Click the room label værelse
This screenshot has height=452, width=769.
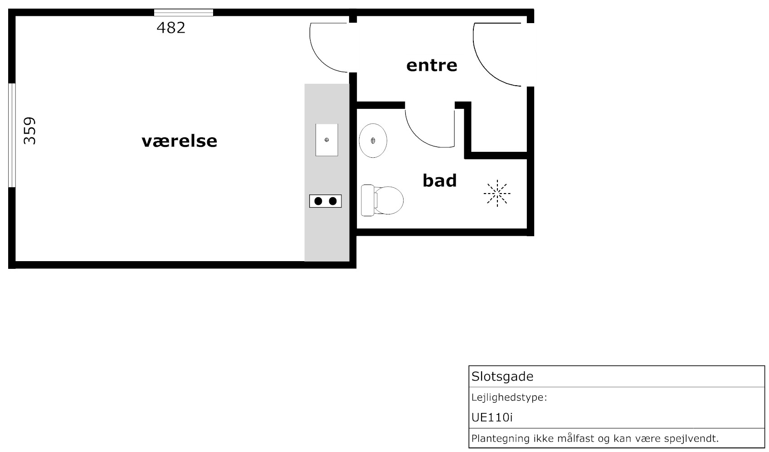tap(179, 141)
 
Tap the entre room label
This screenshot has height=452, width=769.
tap(432, 65)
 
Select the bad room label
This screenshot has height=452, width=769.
tap(439, 180)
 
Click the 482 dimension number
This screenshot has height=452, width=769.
tap(171, 28)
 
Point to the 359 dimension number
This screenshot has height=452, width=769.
tap(29, 131)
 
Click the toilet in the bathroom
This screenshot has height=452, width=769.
tap(382, 200)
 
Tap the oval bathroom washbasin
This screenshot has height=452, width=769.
tap(373, 141)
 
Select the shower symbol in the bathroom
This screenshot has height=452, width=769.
tap(497, 194)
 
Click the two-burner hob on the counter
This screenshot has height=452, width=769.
tap(326, 201)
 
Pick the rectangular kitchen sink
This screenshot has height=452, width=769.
tap(327, 140)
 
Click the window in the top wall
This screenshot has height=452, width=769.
tap(183, 13)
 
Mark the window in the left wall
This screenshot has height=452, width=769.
tap(12, 135)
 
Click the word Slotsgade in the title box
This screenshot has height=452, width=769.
tap(502, 376)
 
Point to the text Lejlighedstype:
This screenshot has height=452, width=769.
tap(509, 398)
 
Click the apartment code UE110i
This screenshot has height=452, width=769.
tap(492, 418)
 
